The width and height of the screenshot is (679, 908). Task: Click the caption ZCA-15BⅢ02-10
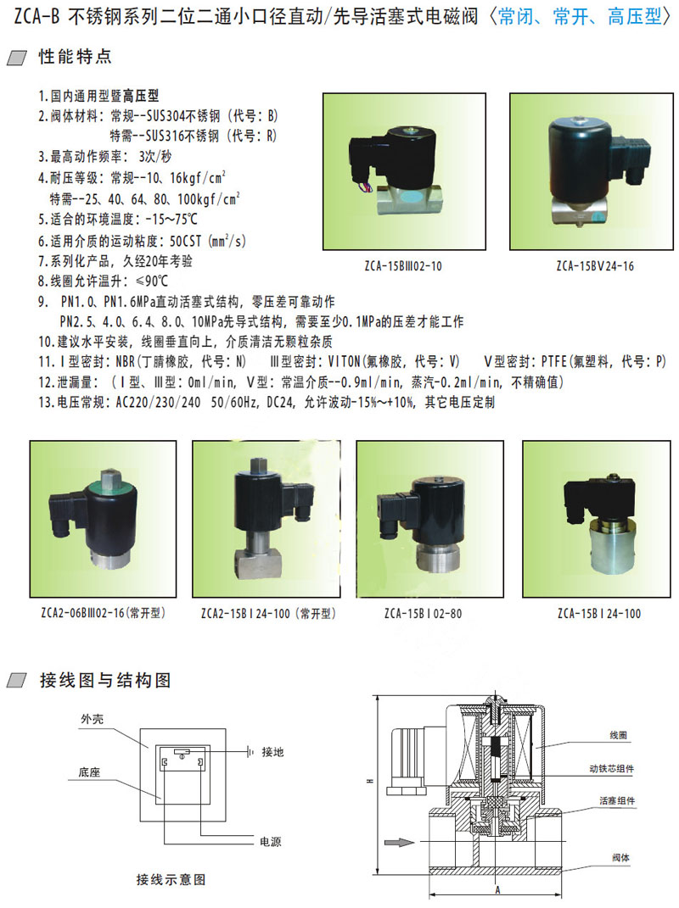(403, 266)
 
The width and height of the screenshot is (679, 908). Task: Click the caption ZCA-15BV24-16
(595, 266)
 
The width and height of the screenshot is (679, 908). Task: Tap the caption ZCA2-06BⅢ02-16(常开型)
(104, 613)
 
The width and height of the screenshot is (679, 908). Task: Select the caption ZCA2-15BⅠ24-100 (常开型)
(268, 614)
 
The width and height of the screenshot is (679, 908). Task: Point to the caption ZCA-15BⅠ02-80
(424, 614)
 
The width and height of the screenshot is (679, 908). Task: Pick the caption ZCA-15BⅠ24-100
(599, 614)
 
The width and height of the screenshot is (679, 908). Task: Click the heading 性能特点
(75, 56)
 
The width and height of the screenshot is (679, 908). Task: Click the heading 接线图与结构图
(105, 680)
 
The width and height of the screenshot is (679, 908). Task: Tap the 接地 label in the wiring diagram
(272, 752)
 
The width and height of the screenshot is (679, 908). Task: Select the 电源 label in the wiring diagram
(270, 841)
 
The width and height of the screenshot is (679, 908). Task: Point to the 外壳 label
(93, 719)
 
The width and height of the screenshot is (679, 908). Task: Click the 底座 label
(89, 772)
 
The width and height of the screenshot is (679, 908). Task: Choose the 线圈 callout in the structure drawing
(618, 735)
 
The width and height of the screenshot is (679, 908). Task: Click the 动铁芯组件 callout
(612, 768)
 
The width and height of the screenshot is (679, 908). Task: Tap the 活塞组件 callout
(617, 801)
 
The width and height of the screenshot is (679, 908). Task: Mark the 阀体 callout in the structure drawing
(620, 858)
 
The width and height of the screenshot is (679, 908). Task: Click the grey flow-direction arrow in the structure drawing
(400, 842)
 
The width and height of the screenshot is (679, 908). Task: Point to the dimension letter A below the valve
(497, 890)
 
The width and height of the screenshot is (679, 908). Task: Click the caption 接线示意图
(171, 880)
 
